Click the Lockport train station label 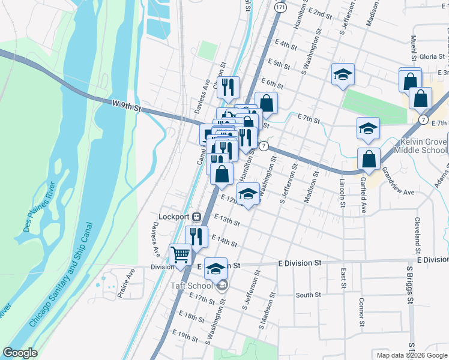click(x=174, y=216)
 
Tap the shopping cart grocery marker click(x=181, y=256)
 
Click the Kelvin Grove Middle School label click(x=423, y=146)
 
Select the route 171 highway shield click(x=281, y=9)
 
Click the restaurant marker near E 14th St click(x=196, y=236)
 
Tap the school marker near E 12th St click(x=248, y=193)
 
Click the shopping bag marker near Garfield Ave click(x=369, y=159)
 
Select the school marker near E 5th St click(x=343, y=74)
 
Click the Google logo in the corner click(x=20, y=353)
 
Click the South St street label click(x=309, y=295)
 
